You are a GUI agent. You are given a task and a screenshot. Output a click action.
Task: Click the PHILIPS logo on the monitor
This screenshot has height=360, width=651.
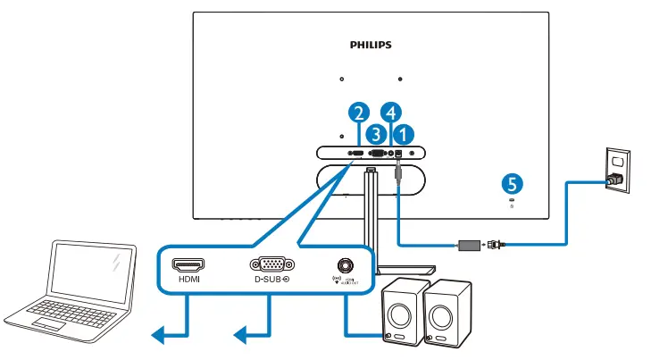(370, 44)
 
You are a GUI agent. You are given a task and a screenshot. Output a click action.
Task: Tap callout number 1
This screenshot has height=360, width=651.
(405, 133)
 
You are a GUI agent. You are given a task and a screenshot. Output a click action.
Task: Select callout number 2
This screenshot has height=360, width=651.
(359, 113)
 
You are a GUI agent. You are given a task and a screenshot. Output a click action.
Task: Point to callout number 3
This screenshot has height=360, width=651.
(377, 133)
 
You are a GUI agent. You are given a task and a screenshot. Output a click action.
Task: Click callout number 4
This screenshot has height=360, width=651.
(390, 113)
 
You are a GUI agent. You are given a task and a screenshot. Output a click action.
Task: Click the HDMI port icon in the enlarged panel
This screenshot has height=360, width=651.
(188, 264)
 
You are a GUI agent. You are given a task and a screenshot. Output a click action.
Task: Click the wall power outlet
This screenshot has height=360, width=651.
(617, 170)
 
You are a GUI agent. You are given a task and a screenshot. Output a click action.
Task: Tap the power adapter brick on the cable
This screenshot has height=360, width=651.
(469, 242)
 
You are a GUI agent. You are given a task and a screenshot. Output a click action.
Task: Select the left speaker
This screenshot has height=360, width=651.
(401, 313)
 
